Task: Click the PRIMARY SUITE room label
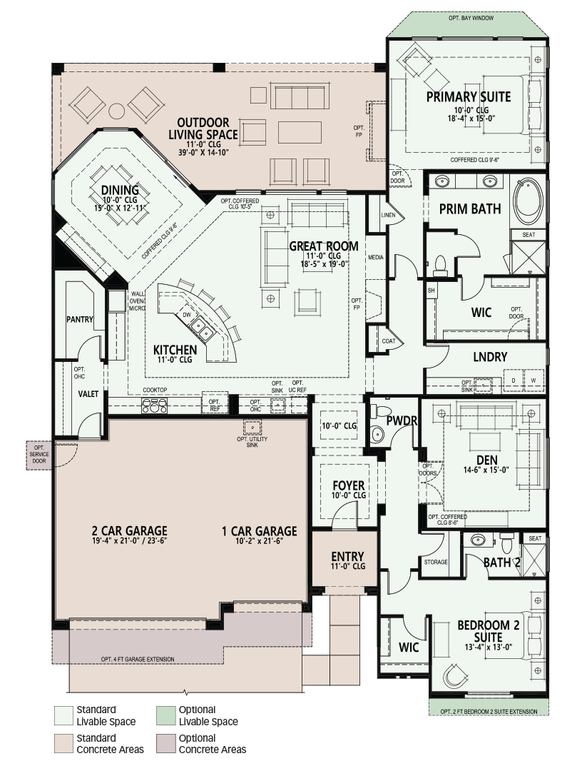click(x=468, y=96)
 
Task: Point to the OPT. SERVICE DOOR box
click(x=39, y=455)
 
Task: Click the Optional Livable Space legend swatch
click(x=166, y=716)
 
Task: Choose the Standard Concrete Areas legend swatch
click(x=63, y=744)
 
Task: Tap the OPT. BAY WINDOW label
click(x=471, y=18)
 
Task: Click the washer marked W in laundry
click(x=533, y=381)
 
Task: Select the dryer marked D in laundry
click(x=513, y=381)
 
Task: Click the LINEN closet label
click(x=388, y=215)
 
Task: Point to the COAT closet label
click(x=389, y=341)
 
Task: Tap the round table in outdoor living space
click(x=117, y=111)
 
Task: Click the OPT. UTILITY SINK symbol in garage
click(x=252, y=428)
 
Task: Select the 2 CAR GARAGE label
click(x=129, y=530)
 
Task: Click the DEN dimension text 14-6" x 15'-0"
click(x=486, y=470)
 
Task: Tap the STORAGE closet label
click(x=436, y=562)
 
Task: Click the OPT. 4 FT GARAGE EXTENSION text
click(x=138, y=659)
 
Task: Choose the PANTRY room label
click(x=80, y=320)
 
